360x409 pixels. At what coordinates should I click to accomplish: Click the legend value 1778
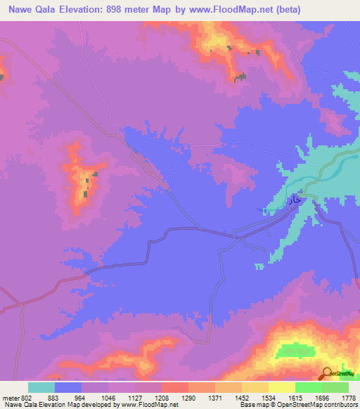tap(346, 396)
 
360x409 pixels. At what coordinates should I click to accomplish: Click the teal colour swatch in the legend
tap(41, 387)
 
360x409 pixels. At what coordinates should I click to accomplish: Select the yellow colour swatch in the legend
tap(282, 387)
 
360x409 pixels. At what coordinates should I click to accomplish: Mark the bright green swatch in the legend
tap(309, 387)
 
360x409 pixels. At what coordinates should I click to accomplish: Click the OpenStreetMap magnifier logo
tap(328, 373)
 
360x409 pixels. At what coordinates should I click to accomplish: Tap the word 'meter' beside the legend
tap(12, 396)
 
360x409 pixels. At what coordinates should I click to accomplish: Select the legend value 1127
tap(134, 396)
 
